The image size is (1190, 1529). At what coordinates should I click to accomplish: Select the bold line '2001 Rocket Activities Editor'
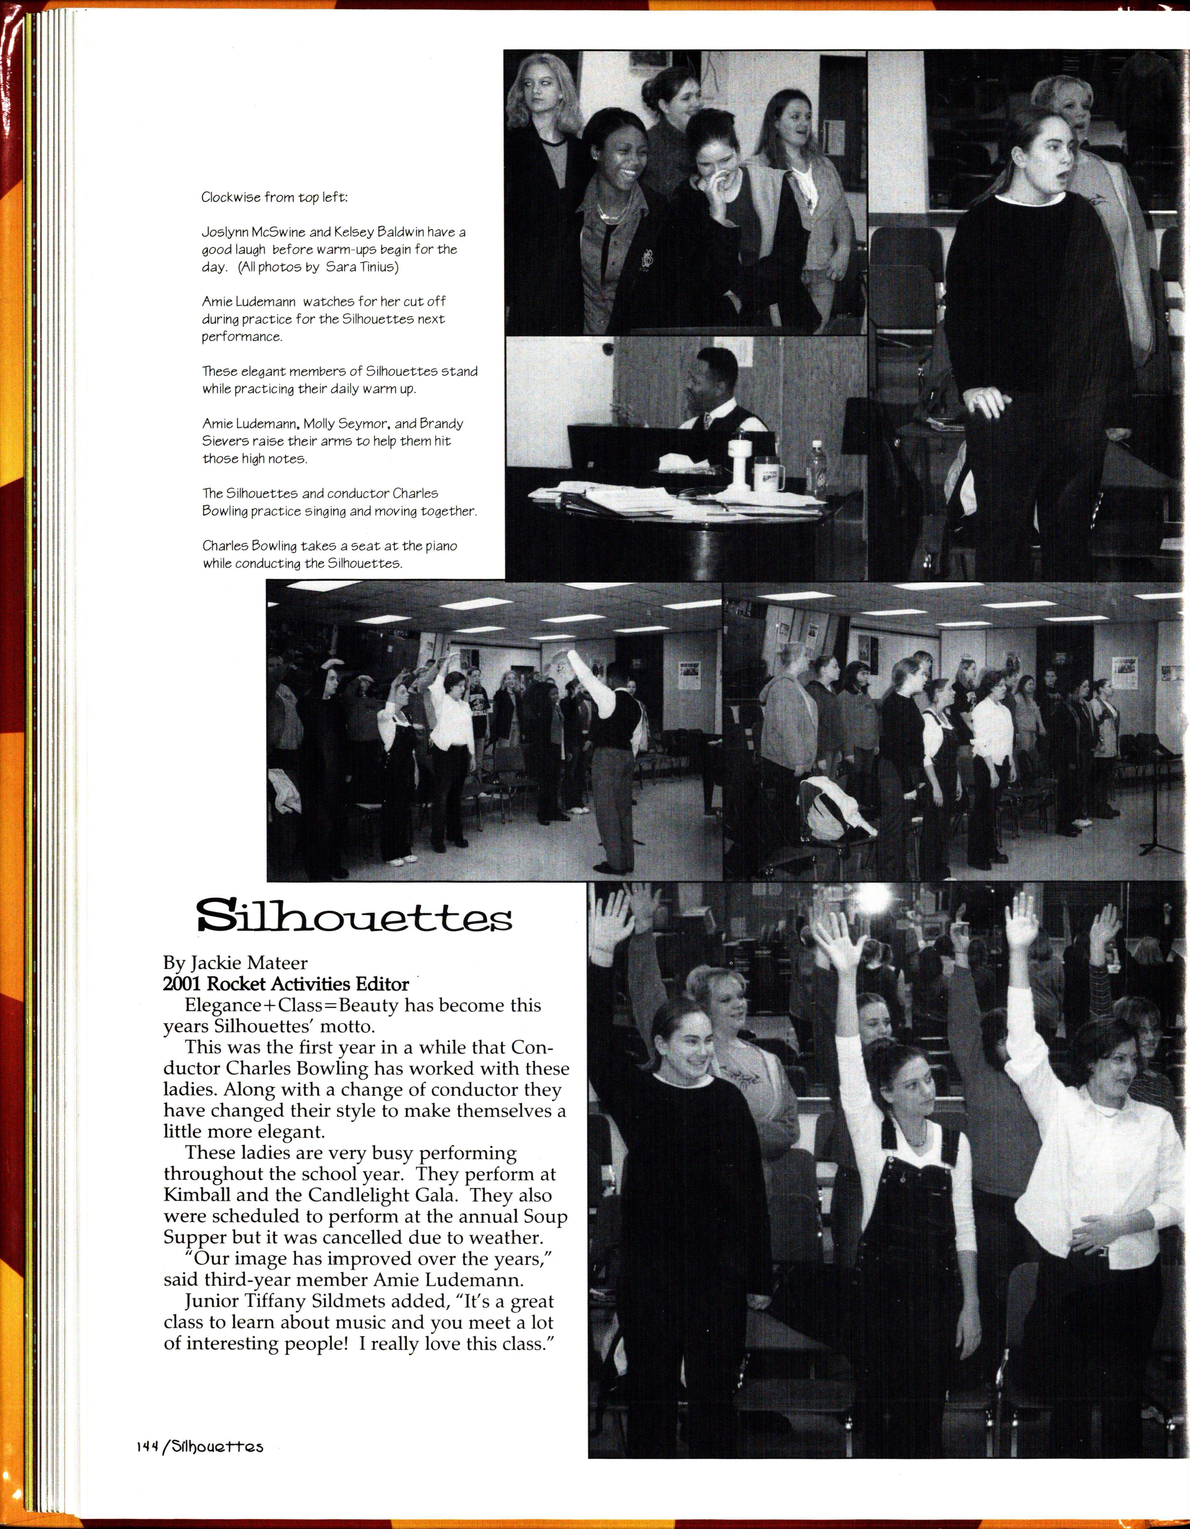[x=286, y=984]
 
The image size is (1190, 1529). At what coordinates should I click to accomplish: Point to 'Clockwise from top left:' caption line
[x=274, y=197]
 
